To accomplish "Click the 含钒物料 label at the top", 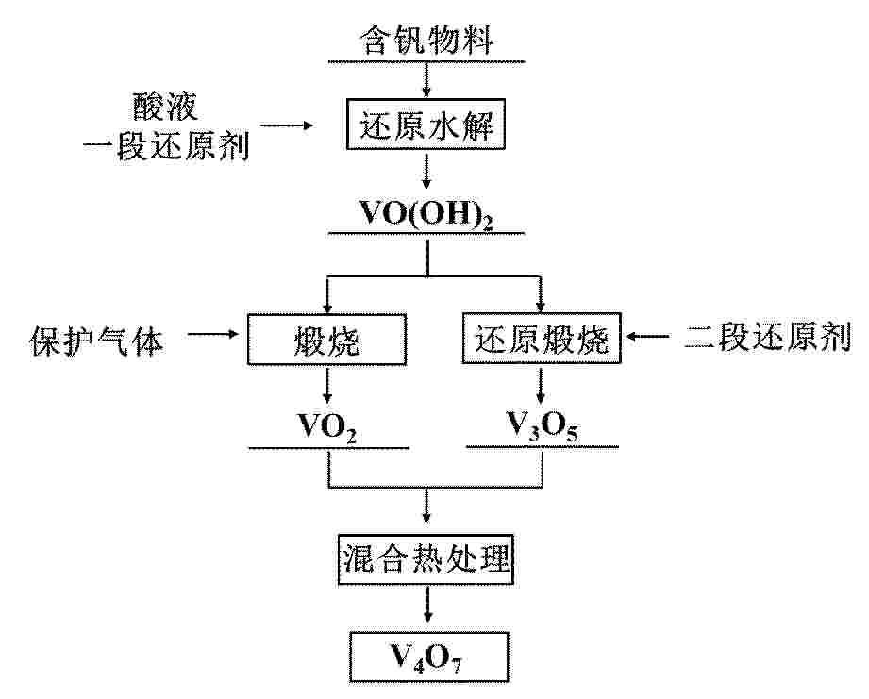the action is [x=426, y=40].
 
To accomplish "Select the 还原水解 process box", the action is [x=426, y=125].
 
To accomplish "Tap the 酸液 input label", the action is [x=164, y=106].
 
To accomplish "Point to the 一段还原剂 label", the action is [x=166, y=145].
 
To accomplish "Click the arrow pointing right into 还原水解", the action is [x=287, y=125].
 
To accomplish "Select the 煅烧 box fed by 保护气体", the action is [x=327, y=340].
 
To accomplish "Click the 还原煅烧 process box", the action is [x=542, y=339].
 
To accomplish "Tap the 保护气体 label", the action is [x=97, y=341].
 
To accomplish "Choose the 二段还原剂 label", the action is [x=768, y=337].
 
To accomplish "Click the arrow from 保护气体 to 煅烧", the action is [x=213, y=334].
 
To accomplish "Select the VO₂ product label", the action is [x=327, y=427].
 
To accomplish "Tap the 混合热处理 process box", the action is [x=426, y=558].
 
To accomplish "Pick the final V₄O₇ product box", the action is [x=428, y=657].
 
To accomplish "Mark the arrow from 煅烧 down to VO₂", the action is [x=327, y=386].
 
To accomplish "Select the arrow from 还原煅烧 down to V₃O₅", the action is [x=541, y=385].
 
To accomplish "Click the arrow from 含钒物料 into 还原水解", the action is [x=426, y=80].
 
